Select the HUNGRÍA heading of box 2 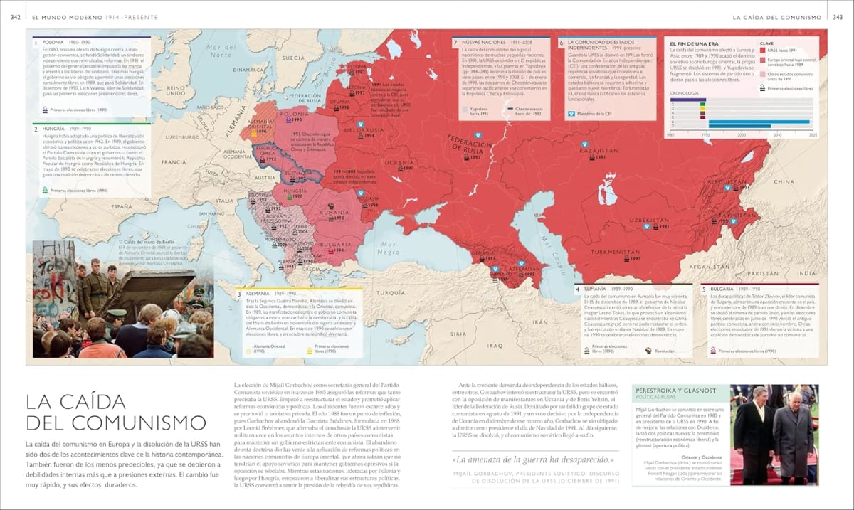pos(55,129)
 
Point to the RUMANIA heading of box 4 pos(598,289)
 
